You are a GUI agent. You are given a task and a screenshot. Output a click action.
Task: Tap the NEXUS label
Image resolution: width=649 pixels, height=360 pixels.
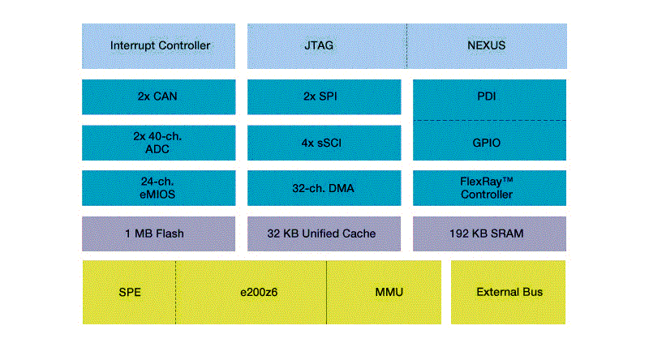(487, 45)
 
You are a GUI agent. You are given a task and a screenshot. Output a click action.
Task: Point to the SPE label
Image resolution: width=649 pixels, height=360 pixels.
(130, 292)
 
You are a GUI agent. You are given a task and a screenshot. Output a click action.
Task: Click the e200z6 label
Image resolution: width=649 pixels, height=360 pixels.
(251, 292)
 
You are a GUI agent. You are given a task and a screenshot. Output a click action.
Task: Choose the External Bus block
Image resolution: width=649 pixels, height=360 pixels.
(509, 292)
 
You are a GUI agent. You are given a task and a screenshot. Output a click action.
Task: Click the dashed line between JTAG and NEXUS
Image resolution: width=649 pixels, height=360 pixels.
(407, 45)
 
